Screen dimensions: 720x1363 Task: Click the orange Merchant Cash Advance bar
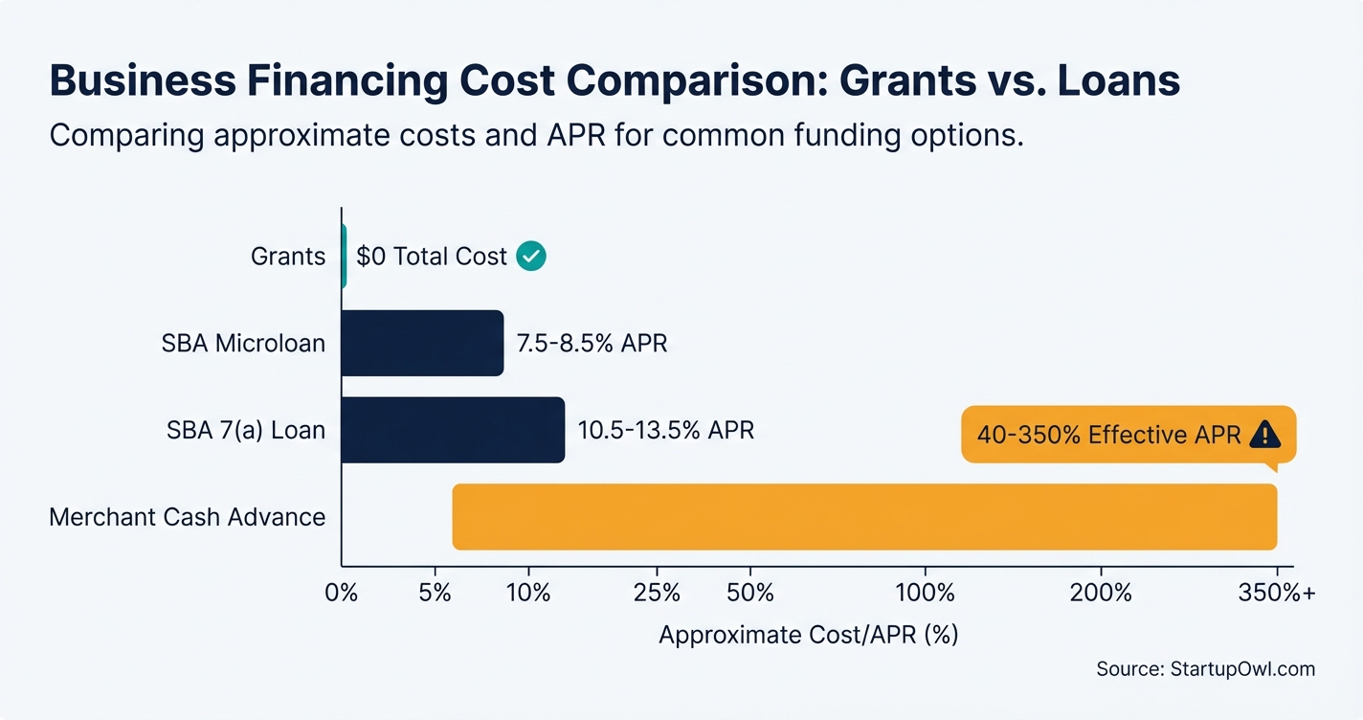tap(864, 517)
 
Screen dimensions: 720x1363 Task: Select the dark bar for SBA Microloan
tap(422, 343)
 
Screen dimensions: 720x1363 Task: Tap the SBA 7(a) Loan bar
tap(453, 430)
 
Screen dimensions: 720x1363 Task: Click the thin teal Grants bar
tap(344, 257)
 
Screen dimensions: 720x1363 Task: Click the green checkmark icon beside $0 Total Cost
tap(530, 257)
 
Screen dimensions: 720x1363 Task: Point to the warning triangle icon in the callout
tap(1264, 435)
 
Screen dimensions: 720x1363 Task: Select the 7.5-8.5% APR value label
tap(592, 344)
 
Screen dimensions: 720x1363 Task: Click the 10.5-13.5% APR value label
tap(665, 430)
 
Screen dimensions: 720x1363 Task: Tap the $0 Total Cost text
tap(431, 257)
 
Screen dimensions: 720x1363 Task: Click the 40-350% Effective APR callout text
tap(1108, 435)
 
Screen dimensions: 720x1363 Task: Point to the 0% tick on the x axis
tap(342, 593)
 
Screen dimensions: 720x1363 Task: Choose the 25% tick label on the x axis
tap(658, 593)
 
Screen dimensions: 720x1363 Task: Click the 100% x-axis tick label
tap(925, 593)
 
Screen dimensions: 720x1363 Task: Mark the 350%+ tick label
tap(1277, 593)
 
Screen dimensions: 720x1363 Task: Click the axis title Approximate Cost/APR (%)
tap(809, 635)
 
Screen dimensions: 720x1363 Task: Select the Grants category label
tap(287, 257)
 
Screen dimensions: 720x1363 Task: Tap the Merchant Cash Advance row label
tap(188, 517)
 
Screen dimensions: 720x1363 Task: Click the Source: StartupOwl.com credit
tap(1205, 669)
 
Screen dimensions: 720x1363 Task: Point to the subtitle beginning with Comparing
tap(536, 135)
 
